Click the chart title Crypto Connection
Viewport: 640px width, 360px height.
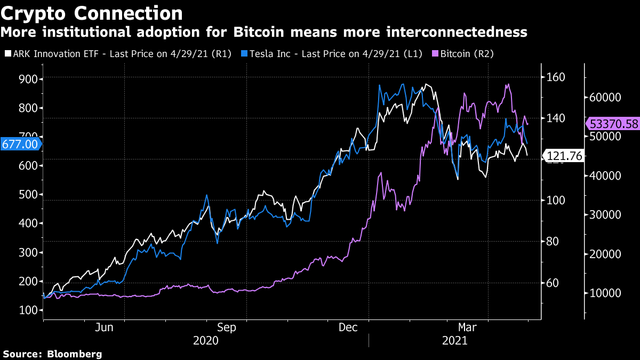[x=91, y=13]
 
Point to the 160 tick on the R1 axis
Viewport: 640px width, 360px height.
[x=557, y=77]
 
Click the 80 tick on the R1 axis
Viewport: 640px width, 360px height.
[x=555, y=242]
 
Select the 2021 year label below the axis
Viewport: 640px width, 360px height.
[x=454, y=340]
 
